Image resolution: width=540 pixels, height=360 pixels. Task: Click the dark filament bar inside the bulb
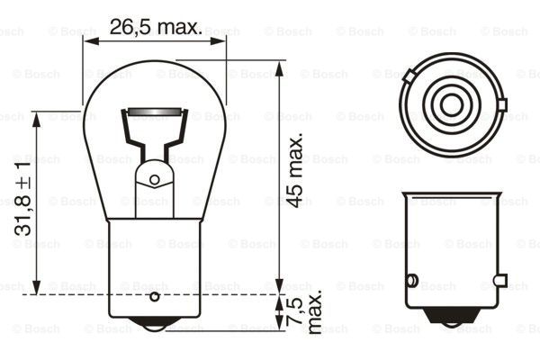pyautogui.click(x=155, y=113)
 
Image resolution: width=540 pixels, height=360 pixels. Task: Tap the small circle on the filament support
pyautogui.click(x=155, y=179)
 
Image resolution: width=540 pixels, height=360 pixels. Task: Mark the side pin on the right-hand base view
pyautogui.click(x=413, y=280)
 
